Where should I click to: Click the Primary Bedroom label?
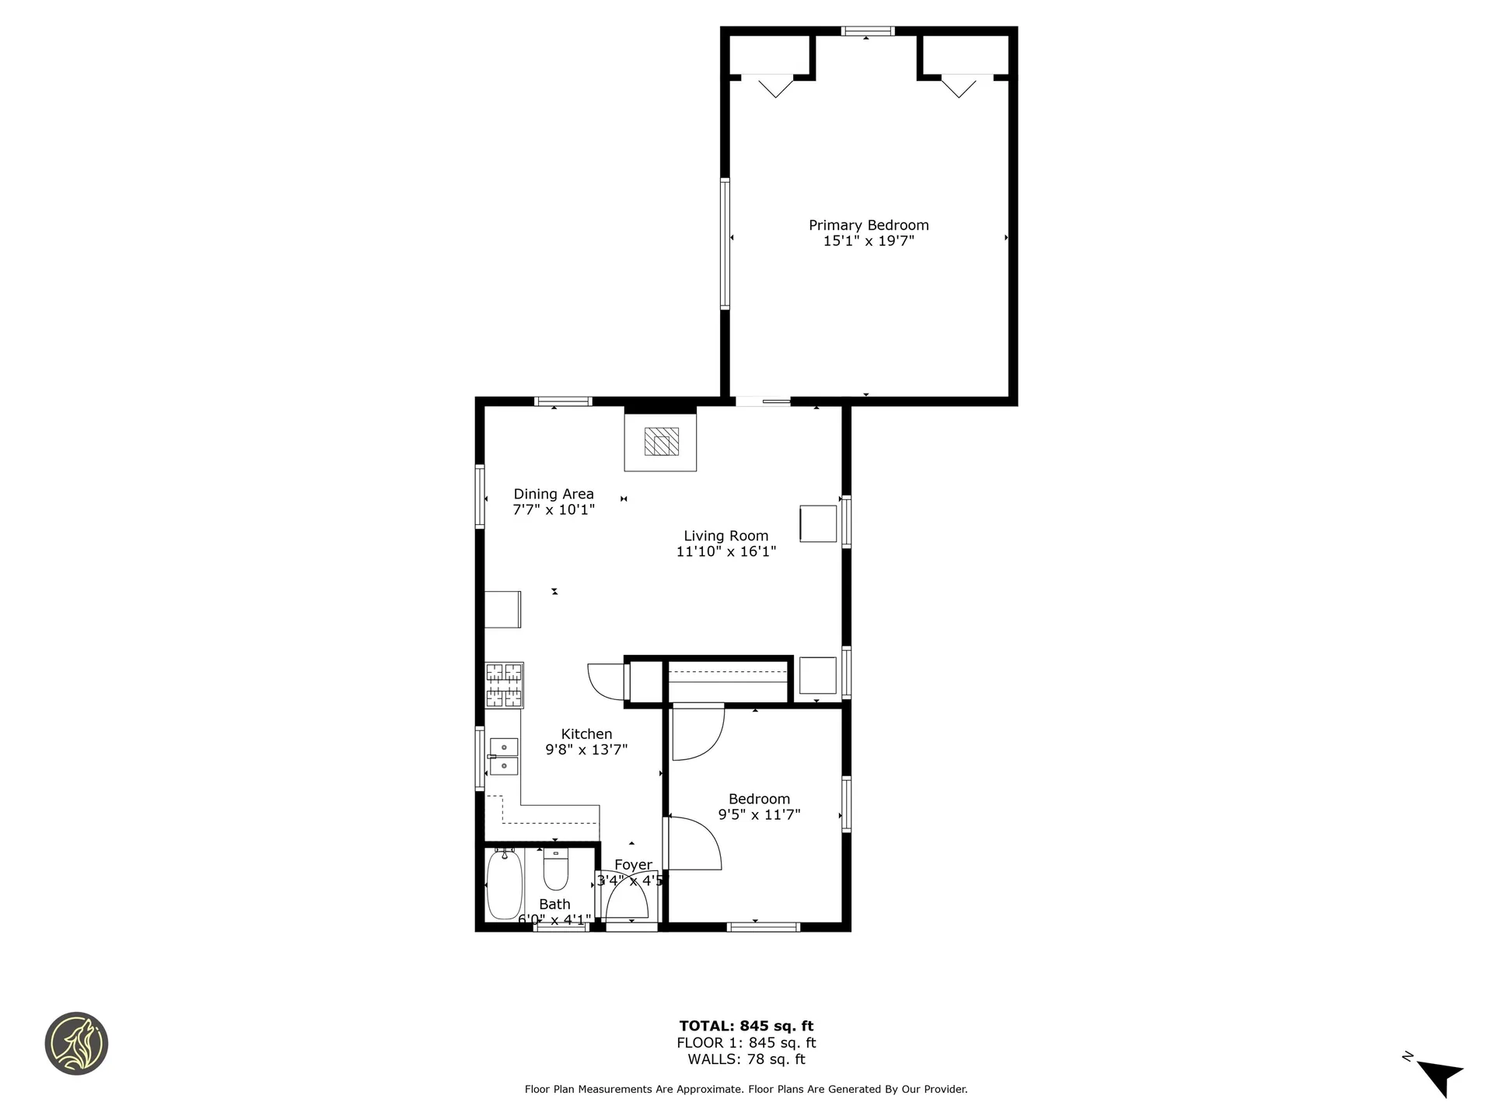point(869,225)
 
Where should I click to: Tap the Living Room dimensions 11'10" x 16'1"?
point(726,552)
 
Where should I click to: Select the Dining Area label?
point(554,494)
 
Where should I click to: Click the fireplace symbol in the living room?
point(661,442)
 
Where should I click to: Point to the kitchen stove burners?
point(505,685)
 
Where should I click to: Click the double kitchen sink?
point(504,757)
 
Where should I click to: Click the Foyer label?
point(633,865)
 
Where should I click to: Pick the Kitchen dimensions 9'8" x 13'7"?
point(586,750)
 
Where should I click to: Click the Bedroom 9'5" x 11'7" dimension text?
point(759,815)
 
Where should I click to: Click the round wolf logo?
point(76,1044)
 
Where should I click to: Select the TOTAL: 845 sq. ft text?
point(746,1026)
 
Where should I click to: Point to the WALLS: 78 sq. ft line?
point(746,1059)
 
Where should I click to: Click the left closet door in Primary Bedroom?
point(774,86)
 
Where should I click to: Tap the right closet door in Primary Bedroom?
point(959,86)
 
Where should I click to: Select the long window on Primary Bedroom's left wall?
point(726,244)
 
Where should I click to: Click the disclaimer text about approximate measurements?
point(746,1090)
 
